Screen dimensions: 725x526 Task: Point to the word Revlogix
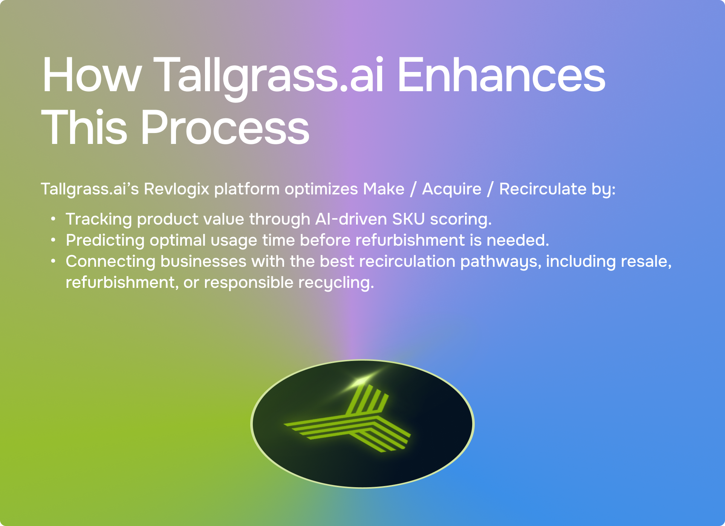tap(176, 190)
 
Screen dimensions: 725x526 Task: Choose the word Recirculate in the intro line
tap(543, 189)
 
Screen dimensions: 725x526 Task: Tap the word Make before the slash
tap(384, 189)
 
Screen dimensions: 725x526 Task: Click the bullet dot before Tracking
tap(54, 219)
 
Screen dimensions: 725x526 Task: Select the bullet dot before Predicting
tap(54, 240)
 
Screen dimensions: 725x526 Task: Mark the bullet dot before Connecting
tap(54, 261)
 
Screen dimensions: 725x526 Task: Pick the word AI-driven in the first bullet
tap(351, 219)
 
